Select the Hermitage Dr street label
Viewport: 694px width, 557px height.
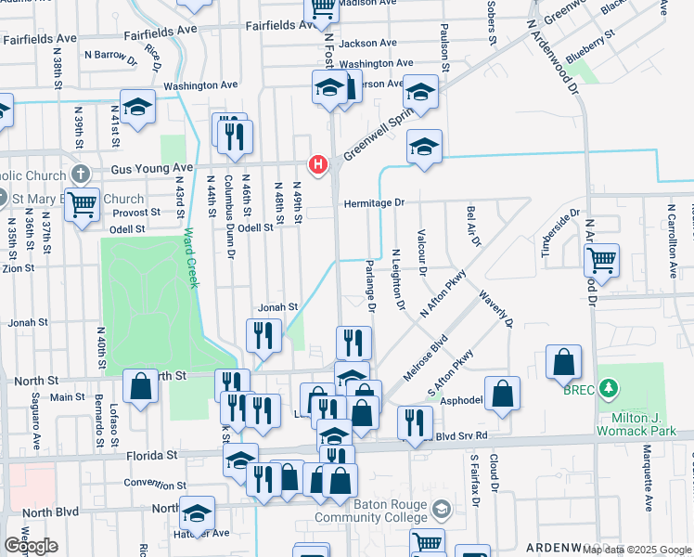pos(375,202)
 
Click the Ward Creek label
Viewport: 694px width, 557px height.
pos(190,258)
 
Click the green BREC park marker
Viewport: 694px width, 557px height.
pos(609,386)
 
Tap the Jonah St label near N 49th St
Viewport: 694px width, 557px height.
pos(277,307)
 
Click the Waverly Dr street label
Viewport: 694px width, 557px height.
pos(495,308)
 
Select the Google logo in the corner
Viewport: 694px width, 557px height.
pos(31,546)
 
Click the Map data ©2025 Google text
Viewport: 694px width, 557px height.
pos(637,550)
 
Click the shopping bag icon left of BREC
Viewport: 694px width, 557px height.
pos(563,363)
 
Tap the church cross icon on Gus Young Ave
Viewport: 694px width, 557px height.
pos(82,174)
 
